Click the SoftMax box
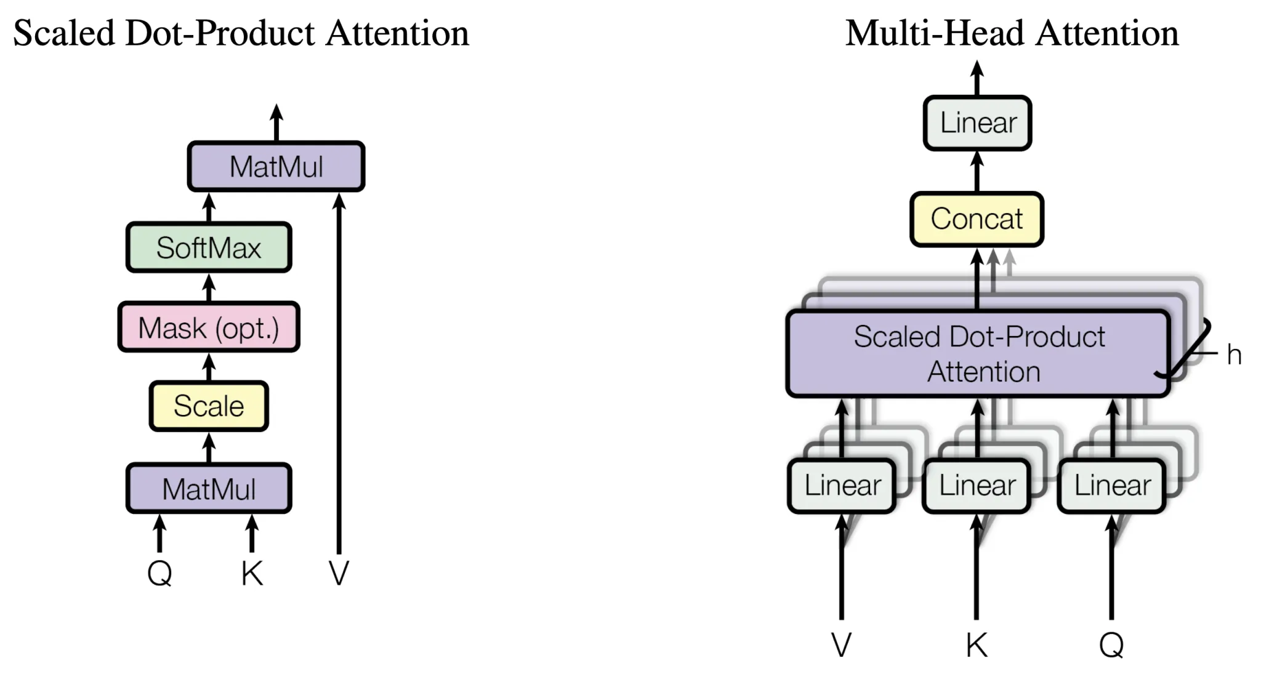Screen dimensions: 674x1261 [209, 247]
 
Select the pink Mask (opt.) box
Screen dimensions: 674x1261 [209, 327]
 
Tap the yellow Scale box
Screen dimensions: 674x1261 [209, 406]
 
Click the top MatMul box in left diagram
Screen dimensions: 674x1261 [276, 166]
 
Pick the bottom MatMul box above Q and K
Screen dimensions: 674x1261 [209, 489]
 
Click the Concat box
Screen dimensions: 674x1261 [977, 219]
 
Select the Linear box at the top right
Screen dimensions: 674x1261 [977, 122]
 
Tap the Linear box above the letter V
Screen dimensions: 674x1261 [842, 486]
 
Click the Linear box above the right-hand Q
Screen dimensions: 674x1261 [1111, 486]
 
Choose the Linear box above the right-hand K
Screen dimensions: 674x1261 [977, 486]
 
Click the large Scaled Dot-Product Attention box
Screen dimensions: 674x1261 [978, 354]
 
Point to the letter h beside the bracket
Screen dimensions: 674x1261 [1233, 355]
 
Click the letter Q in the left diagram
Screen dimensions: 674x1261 [159, 574]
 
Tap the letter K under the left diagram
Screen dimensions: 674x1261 [252, 574]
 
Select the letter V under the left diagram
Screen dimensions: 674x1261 [339, 574]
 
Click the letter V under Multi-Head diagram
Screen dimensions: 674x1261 [841, 645]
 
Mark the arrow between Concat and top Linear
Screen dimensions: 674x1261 [977, 171]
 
